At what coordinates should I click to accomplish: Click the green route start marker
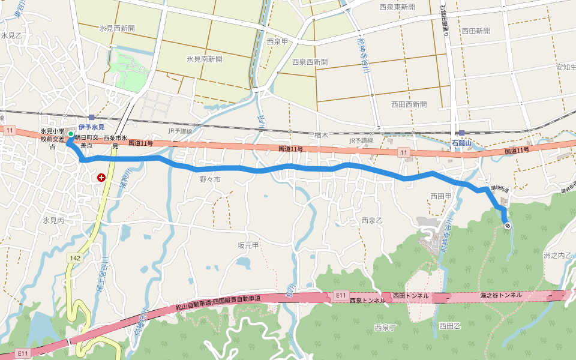coord(70,134)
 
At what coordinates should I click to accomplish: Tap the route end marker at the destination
coord(508,226)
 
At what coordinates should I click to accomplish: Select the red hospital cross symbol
coord(101,178)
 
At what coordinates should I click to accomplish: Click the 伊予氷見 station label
coord(91,127)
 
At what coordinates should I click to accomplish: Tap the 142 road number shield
coord(74,257)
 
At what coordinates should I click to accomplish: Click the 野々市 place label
coord(210,179)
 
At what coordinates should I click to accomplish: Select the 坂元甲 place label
coord(248,245)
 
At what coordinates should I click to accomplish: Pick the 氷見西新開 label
coord(117,28)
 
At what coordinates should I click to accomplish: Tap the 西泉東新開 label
coord(397,7)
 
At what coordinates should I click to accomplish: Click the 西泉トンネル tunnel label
coord(367,301)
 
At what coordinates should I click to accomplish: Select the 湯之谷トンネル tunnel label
coord(500,296)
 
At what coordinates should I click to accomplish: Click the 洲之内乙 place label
coord(558,255)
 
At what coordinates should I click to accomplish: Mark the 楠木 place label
coord(321,136)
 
